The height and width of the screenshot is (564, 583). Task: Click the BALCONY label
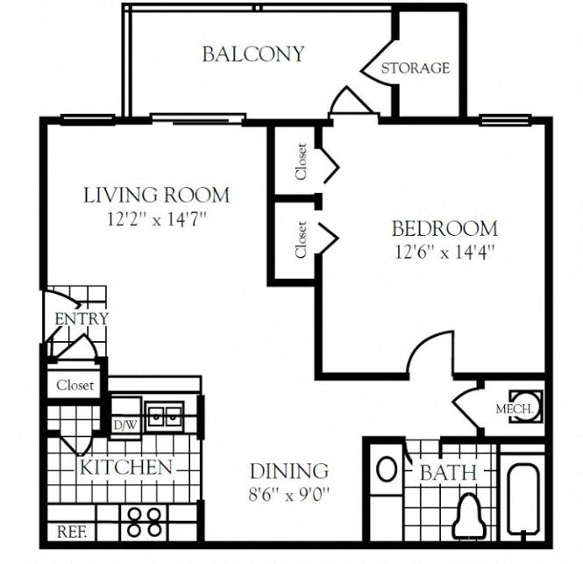pos(252,54)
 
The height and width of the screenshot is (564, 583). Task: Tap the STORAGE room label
pos(416,68)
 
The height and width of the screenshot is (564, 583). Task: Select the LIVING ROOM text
pos(156,195)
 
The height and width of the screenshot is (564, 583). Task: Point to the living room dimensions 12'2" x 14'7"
pos(156,217)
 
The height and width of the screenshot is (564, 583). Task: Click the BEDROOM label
pos(444,230)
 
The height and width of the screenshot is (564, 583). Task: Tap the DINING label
pos(288,471)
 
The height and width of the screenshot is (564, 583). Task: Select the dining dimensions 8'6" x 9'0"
pos(288,493)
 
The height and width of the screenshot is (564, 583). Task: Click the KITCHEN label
pos(125,467)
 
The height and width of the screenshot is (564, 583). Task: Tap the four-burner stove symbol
pos(145,522)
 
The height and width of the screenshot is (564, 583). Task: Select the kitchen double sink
pos(164,415)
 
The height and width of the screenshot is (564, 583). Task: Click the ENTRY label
pos(81,318)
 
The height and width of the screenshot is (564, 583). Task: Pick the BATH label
pos(447,474)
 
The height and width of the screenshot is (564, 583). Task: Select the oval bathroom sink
pos(386,468)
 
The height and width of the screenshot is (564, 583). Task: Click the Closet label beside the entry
pos(75,384)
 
